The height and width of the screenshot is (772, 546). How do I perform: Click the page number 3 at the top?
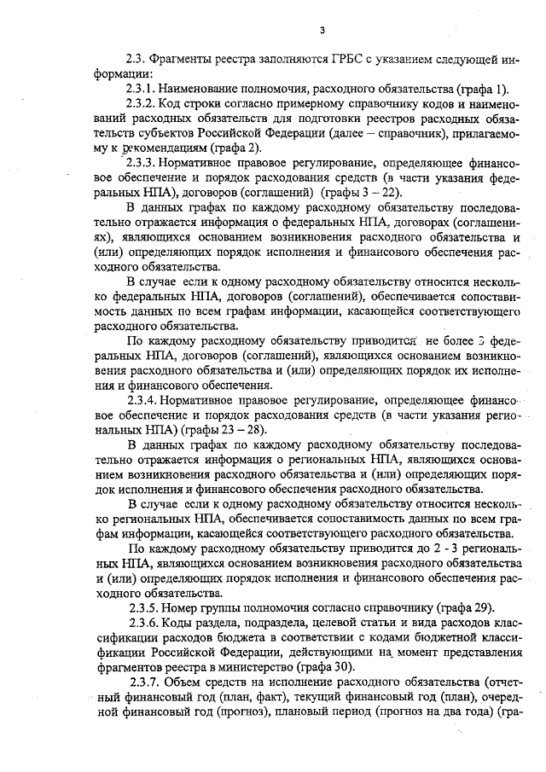[x=322, y=31]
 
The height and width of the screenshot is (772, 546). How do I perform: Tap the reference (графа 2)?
[x=212, y=148]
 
